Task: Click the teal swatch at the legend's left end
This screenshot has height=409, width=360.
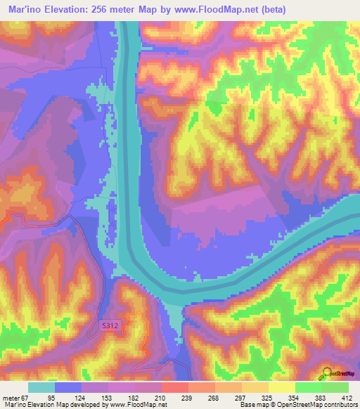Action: [41, 387]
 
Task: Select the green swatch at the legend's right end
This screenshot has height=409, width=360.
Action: [335, 387]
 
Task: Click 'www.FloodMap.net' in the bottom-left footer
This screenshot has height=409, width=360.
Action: [134, 405]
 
